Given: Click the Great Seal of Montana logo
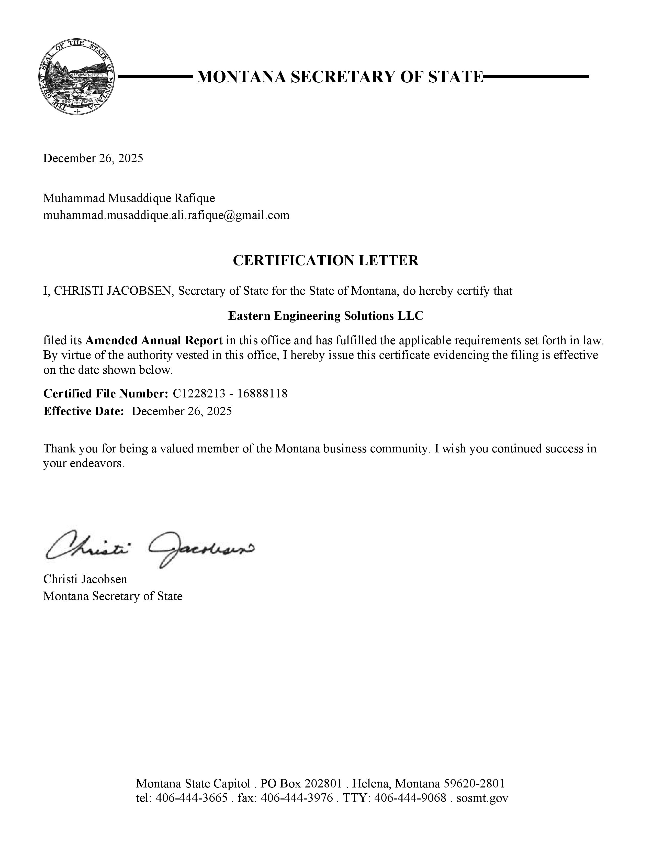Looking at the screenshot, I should [77, 77].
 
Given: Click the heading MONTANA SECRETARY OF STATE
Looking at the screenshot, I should [340, 77].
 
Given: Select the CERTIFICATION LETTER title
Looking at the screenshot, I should [325, 260].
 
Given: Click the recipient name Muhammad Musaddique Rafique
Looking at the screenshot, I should [129, 198].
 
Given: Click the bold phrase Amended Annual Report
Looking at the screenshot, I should [154, 340].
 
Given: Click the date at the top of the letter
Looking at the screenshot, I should [93, 158].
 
